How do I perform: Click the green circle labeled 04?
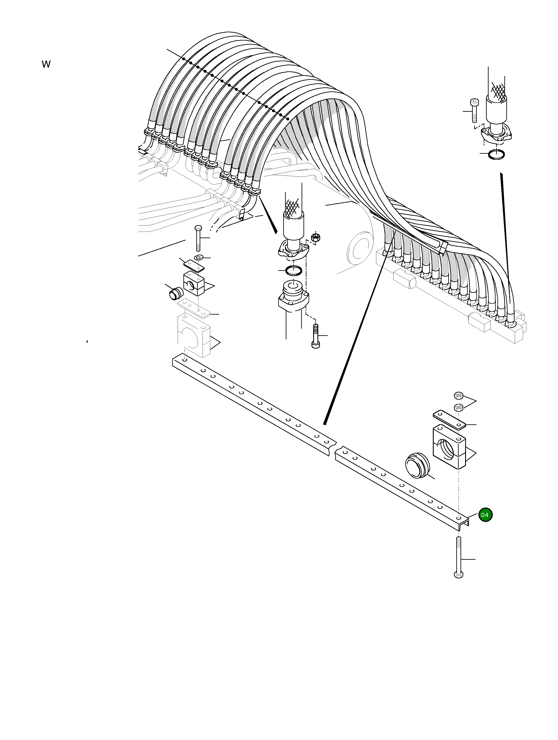click(485, 515)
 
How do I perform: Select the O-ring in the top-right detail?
click(496, 155)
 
